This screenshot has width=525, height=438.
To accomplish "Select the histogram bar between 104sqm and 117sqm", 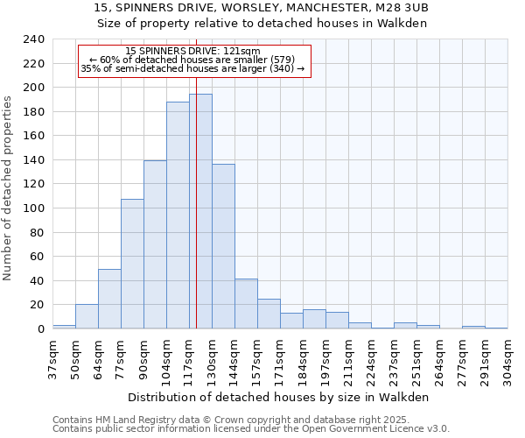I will pos(178,215).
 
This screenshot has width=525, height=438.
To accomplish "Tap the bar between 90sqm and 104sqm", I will pos(155,244).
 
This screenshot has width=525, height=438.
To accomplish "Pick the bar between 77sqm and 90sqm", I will pos(132,264).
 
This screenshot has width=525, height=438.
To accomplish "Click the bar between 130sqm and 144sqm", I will pos(223,246).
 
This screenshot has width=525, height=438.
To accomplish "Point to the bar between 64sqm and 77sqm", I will pos(109,299).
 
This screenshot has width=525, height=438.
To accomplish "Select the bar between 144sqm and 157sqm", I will pos(246,304).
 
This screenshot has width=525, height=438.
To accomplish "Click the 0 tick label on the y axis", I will pos(40,329).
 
